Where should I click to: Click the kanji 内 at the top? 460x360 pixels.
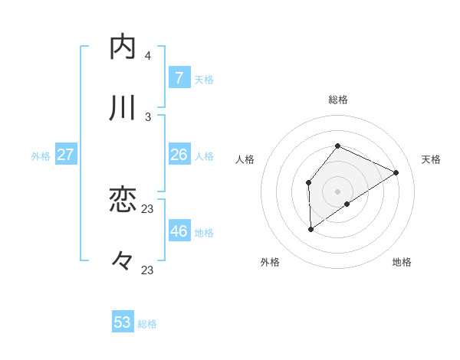pyautogui.click(x=123, y=47)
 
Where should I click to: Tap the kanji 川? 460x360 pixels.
pyautogui.click(x=123, y=108)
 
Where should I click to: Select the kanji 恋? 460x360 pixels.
pyautogui.click(x=123, y=201)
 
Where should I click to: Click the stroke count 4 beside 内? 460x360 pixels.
pyautogui.click(x=148, y=56)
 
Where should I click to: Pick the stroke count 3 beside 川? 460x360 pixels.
pyautogui.click(x=148, y=116)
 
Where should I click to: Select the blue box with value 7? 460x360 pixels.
pyautogui.click(x=179, y=78)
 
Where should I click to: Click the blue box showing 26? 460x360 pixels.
pyautogui.click(x=179, y=155)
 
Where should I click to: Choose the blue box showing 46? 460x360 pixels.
pyautogui.click(x=179, y=231)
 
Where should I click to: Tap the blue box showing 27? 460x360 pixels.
pyautogui.click(x=66, y=155)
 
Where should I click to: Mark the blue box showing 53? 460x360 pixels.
pyautogui.click(x=123, y=322)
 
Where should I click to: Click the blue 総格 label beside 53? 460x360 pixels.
pyautogui.click(x=148, y=324)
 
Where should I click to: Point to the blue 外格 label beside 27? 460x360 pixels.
pyautogui.click(x=41, y=156)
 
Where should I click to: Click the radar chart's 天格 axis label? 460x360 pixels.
pyautogui.click(x=431, y=159)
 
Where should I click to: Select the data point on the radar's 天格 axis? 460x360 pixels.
pyautogui.click(x=396, y=172)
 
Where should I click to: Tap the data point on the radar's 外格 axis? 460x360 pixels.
pyautogui.click(x=311, y=228)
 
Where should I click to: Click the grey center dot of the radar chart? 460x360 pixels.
pyautogui.click(x=337, y=191)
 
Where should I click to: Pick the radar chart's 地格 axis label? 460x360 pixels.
pyautogui.click(x=402, y=262)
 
